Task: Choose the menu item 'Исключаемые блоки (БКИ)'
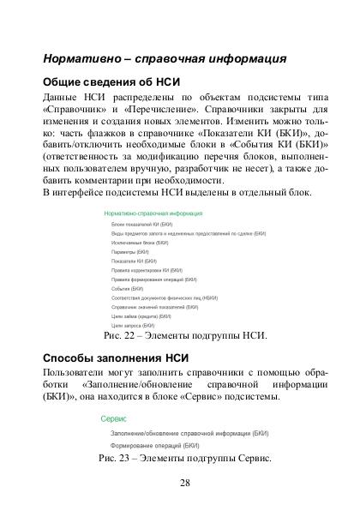tap(132, 243)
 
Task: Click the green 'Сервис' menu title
tap(114, 419)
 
